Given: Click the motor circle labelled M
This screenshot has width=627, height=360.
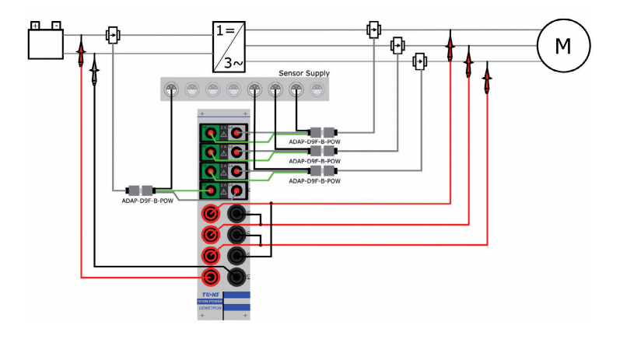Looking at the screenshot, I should (x=562, y=45).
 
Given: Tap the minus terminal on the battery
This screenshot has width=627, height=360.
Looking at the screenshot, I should (x=55, y=26).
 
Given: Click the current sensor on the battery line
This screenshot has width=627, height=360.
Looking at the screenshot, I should (x=113, y=36).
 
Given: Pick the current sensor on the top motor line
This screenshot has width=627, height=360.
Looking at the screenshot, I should (x=373, y=30).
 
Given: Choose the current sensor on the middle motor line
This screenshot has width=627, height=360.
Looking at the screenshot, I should (x=398, y=45).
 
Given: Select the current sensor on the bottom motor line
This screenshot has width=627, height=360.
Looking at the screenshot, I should (x=420, y=61).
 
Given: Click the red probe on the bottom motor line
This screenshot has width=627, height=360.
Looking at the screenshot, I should (x=487, y=78).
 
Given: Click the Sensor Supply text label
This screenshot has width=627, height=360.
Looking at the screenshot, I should (x=303, y=73).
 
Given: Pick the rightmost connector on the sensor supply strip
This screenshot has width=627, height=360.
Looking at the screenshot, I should (x=317, y=89).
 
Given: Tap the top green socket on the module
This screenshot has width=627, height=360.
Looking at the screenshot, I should (x=209, y=133).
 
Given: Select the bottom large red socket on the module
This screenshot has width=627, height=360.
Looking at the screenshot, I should (x=210, y=276).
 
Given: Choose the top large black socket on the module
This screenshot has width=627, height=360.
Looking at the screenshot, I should (x=236, y=214).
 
